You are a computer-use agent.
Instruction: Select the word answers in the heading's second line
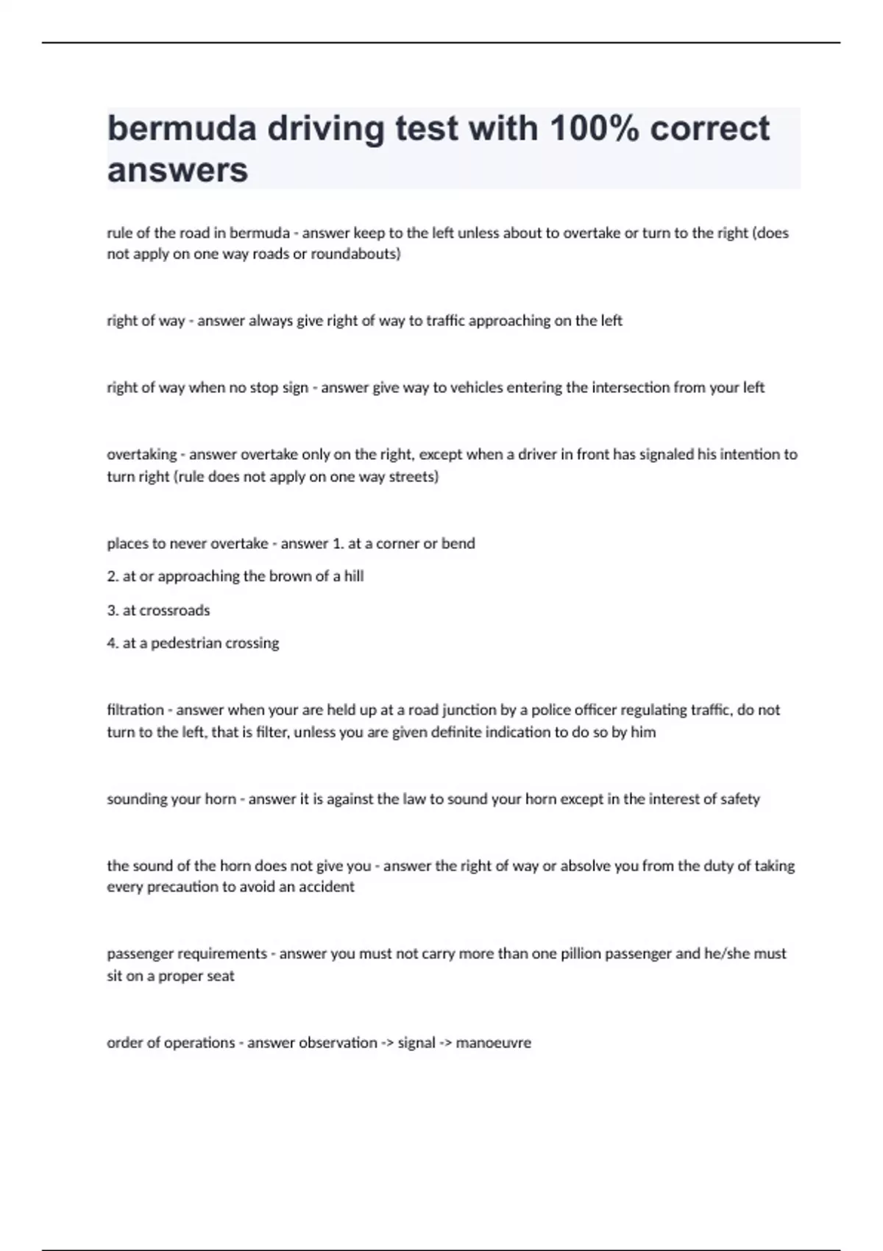click(177, 170)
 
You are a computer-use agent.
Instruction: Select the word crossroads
click(174, 610)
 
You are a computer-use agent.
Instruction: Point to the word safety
click(740, 799)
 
